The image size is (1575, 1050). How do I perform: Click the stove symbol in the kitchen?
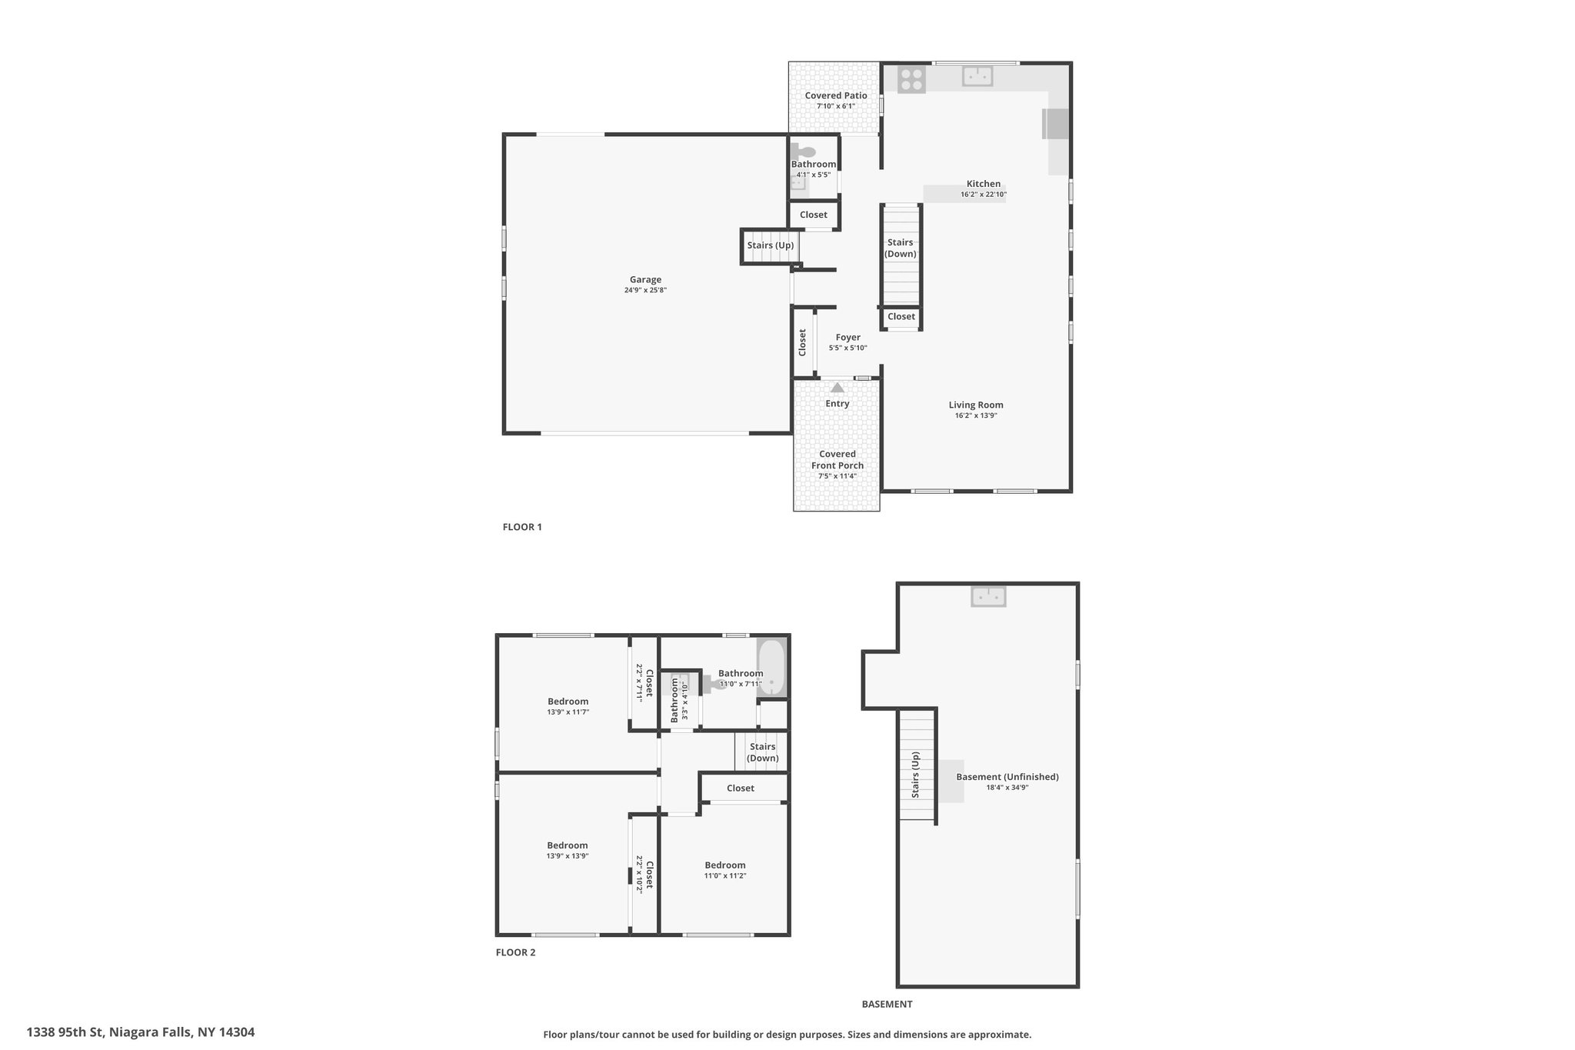[x=911, y=80]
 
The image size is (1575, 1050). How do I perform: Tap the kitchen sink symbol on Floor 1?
[x=977, y=76]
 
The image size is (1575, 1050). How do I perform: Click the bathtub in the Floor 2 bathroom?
[x=771, y=668]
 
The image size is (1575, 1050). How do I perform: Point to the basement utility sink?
[x=988, y=596]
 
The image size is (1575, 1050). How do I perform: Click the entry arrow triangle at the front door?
[x=837, y=388]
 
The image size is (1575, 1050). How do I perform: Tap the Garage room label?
[x=645, y=280]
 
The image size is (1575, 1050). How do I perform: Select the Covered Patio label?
[x=836, y=95]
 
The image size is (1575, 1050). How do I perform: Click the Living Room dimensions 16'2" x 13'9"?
[x=976, y=415]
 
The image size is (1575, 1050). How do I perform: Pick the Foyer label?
[x=848, y=337]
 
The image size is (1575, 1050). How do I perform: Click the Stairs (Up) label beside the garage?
[x=771, y=245]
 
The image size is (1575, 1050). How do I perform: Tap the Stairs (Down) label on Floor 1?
[x=901, y=248]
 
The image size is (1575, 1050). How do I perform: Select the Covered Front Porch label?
[x=837, y=459]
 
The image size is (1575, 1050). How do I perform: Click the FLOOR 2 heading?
[x=515, y=952]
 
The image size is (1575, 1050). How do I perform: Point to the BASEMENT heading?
[x=887, y=1004]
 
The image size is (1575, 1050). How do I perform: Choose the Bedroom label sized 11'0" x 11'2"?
[x=725, y=865]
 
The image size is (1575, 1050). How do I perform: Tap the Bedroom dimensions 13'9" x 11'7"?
[x=568, y=712]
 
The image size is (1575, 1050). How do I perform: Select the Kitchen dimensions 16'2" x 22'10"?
[x=984, y=195]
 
